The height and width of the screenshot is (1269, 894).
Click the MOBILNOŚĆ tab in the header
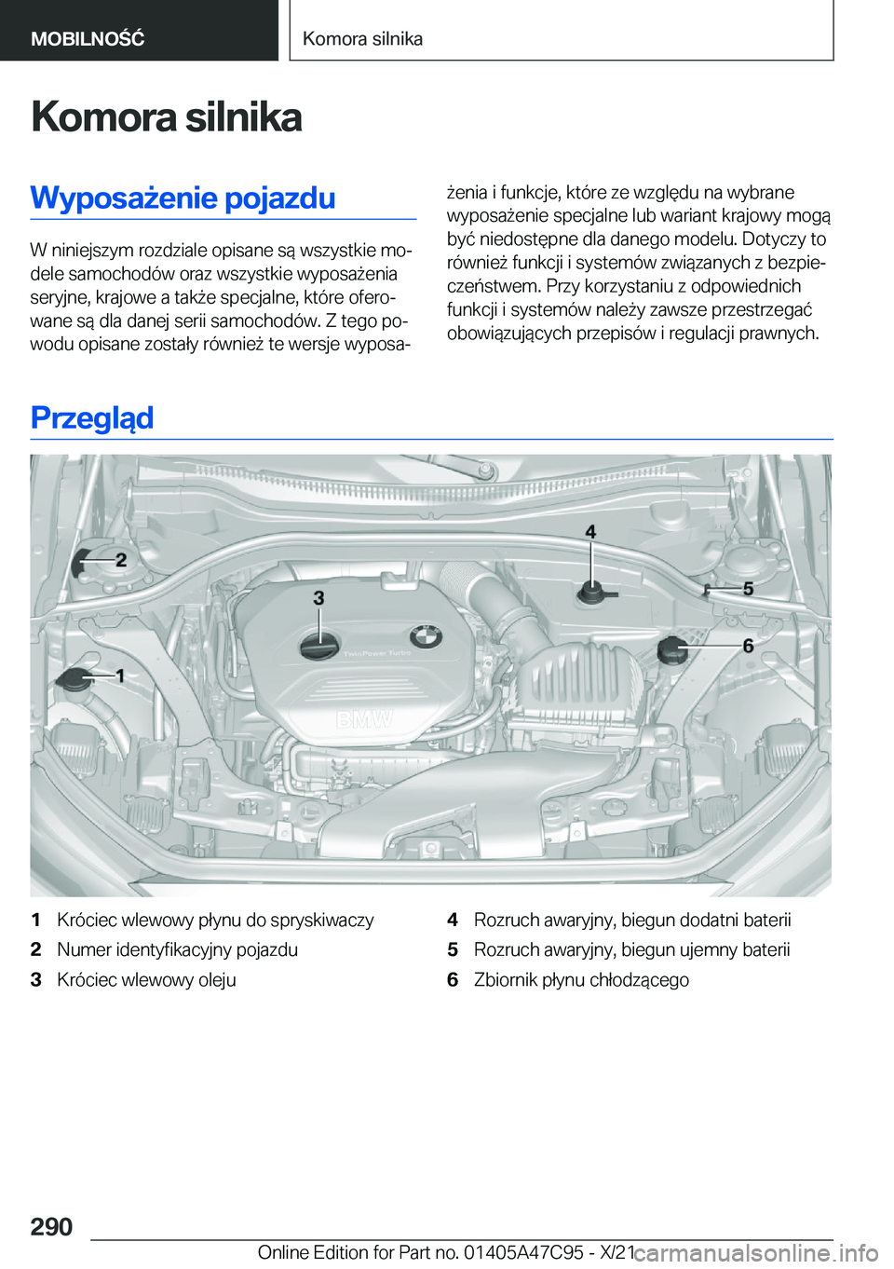tap(88, 38)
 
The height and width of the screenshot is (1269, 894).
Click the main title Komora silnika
tap(167, 117)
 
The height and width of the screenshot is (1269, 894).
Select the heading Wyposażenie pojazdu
tap(183, 198)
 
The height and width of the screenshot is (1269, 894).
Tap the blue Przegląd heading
tap(92, 417)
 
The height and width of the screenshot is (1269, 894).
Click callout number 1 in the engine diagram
tap(120, 675)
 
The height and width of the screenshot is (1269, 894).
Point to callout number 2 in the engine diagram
tap(121, 560)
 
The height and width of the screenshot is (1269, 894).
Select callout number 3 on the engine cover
tap(318, 598)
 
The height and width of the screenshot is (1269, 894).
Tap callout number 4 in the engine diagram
tap(590, 532)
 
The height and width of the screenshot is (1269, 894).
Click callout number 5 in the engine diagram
tap(748, 589)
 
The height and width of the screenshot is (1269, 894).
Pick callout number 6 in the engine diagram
tap(748, 645)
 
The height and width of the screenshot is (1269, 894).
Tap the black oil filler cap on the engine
tap(321, 645)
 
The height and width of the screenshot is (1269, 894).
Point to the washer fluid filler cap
tap(74, 679)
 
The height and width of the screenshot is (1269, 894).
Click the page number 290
tap(51, 1226)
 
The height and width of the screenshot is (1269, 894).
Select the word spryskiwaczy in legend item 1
tap(322, 920)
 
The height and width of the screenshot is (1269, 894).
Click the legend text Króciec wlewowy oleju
tap(146, 979)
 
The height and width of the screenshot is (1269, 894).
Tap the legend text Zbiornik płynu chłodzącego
tap(581, 979)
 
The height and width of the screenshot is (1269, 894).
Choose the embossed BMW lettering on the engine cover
tap(365, 719)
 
